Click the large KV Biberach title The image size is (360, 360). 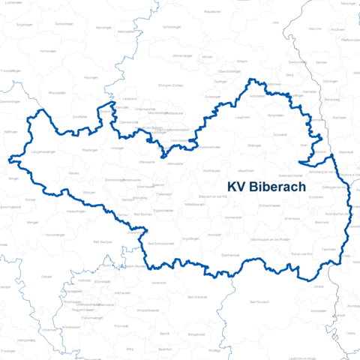(x=265, y=187)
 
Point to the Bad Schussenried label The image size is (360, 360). (x=160, y=244)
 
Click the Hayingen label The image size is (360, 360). (x=91, y=77)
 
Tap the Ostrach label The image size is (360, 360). (x=47, y=277)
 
